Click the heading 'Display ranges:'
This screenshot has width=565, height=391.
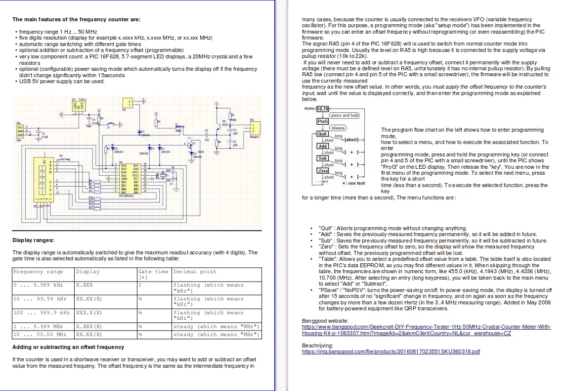(33, 241)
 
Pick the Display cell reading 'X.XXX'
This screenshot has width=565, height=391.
(85, 285)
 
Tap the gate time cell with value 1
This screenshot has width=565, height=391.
(140, 285)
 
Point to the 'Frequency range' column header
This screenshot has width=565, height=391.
(38, 272)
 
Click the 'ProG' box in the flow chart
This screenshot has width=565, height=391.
(322, 121)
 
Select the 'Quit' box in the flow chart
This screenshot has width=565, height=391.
(322, 134)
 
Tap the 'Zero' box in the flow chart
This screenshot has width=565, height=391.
(323, 170)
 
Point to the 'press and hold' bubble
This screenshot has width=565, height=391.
(345, 115)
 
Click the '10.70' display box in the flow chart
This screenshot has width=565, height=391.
(322, 109)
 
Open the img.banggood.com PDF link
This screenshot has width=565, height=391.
(391, 352)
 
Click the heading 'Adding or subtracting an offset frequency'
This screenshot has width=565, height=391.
(68, 347)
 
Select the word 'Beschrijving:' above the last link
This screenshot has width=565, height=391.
(317, 345)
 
